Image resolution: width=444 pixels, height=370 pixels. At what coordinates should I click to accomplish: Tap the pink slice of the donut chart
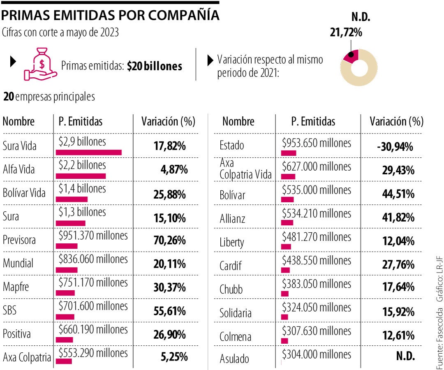(x=351, y=56)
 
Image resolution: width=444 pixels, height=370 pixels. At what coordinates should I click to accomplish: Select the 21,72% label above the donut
(x=346, y=32)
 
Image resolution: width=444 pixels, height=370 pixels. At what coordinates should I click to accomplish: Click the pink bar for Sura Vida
(x=88, y=153)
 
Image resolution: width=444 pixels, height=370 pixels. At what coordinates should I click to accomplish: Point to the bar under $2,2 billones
(x=81, y=176)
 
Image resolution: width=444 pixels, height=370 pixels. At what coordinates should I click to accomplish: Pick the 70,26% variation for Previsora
(x=169, y=240)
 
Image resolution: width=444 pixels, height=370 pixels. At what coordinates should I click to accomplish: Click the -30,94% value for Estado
(x=395, y=146)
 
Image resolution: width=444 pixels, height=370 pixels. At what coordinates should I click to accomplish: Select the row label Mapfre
(x=16, y=287)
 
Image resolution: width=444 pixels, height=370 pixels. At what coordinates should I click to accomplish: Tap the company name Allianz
(x=232, y=218)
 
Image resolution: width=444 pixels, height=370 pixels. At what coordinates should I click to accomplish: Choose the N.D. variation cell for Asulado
(x=405, y=356)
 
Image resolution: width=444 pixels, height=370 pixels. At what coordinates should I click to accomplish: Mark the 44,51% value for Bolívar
(x=398, y=194)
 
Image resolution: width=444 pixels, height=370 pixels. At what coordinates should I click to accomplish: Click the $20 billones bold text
(x=155, y=66)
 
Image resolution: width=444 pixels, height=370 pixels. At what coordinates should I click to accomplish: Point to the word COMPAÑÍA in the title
(x=183, y=15)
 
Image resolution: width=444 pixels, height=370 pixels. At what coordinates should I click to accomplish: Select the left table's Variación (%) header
(x=168, y=122)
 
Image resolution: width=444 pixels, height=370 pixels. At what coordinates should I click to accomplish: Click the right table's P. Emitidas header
(x=313, y=122)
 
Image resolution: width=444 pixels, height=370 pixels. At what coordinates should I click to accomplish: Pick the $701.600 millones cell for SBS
(x=93, y=306)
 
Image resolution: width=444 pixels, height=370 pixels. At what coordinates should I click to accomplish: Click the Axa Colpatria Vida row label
(x=245, y=170)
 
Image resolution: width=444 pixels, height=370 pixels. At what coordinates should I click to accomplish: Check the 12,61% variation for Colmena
(x=398, y=335)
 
